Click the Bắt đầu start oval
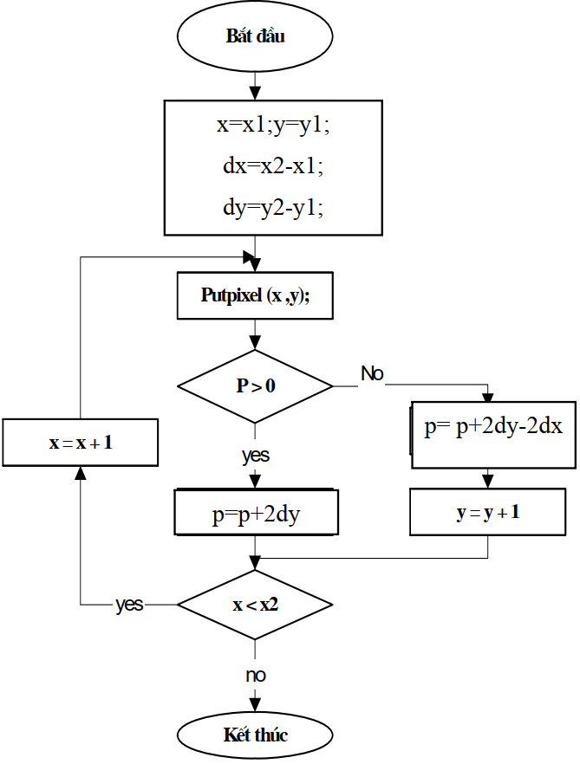[x=255, y=37]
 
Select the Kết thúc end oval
[x=255, y=735]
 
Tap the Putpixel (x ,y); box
[x=255, y=295]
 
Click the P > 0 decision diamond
[x=255, y=386]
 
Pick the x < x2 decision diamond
[x=255, y=605]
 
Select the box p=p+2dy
[x=255, y=515]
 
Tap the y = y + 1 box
[x=488, y=512]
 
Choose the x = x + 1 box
[x=81, y=443]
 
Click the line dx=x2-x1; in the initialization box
[x=273, y=166]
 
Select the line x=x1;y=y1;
[x=273, y=126]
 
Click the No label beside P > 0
[x=373, y=374]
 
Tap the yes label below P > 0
[x=255, y=455]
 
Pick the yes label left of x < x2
[x=130, y=605]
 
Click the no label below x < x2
[x=255, y=674]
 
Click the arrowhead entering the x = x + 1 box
[x=81, y=472]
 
